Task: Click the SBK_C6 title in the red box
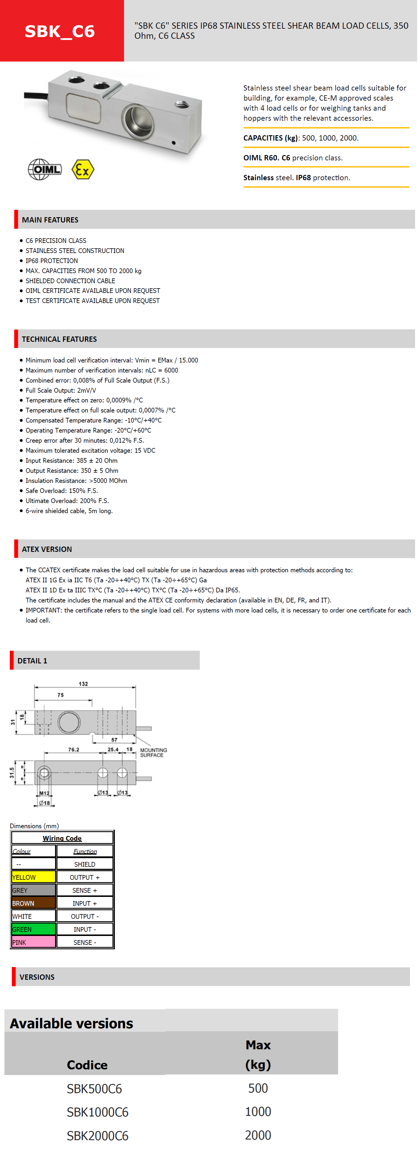(x=60, y=31)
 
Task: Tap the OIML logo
(x=45, y=169)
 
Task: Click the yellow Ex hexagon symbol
(x=83, y=170)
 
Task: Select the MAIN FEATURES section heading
(x=50, y=220)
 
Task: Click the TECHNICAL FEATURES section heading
(x=59, y=339)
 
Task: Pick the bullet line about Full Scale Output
(x=61, y=390)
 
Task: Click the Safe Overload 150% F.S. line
(x=62, y=491)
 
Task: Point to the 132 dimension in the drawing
(x=83, y=684)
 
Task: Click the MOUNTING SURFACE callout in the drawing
(x=153, y=753)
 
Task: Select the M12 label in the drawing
(x=44, y=793)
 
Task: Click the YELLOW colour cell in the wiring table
(x=33, y=877)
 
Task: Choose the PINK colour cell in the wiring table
(x=33, y=942)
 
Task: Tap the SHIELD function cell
(x=85, y=864)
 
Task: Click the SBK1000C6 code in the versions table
(x=98, y=1112)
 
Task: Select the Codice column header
(x=87, y=1065)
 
